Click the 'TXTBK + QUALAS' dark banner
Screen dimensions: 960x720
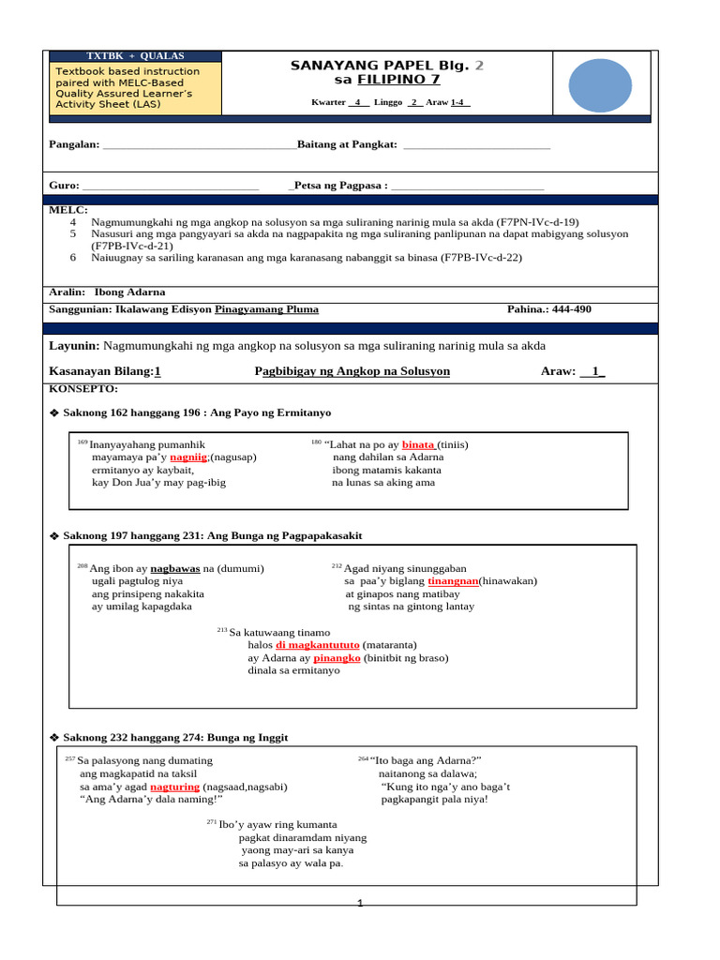[135, 55]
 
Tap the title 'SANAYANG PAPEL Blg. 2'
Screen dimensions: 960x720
[388, 66]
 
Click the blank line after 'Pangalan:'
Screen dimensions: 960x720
[199, 145]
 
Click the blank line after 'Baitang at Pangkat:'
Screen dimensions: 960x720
[475, 145]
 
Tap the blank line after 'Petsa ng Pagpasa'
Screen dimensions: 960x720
[467, 187]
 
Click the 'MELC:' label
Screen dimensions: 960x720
[68, 210]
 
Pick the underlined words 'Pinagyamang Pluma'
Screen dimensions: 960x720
[266, 309]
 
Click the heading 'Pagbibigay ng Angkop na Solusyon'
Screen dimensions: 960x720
[352, 371]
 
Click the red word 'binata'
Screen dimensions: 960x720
[419, 444]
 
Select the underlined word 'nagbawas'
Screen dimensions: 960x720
[175, 568]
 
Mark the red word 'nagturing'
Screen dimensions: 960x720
[174, 787]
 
